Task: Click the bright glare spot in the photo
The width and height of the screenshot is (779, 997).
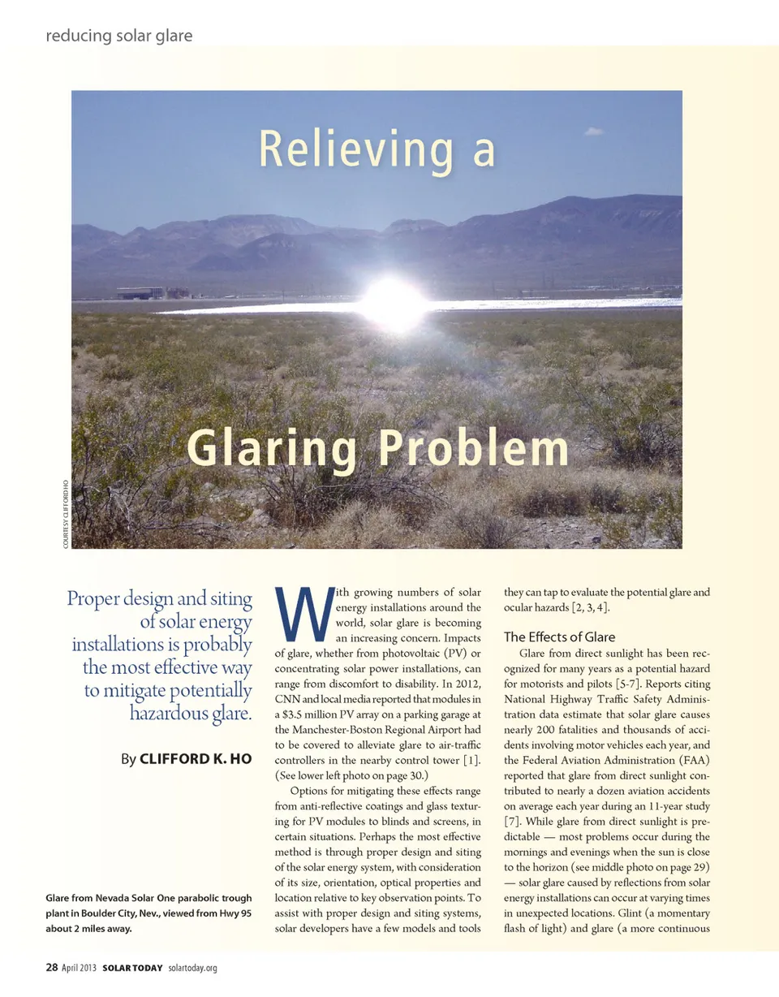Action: coord(394,302)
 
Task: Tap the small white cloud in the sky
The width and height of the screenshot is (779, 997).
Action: coord(594,131)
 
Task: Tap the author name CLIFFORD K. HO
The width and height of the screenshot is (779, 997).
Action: coord(196,760)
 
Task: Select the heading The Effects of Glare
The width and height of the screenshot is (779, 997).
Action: coord(560,637)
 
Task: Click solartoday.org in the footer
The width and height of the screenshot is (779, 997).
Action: coord(192,969)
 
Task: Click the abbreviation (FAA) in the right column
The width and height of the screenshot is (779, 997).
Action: coord(689,760)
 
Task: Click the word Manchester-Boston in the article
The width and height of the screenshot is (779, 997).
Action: coord(325,729)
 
